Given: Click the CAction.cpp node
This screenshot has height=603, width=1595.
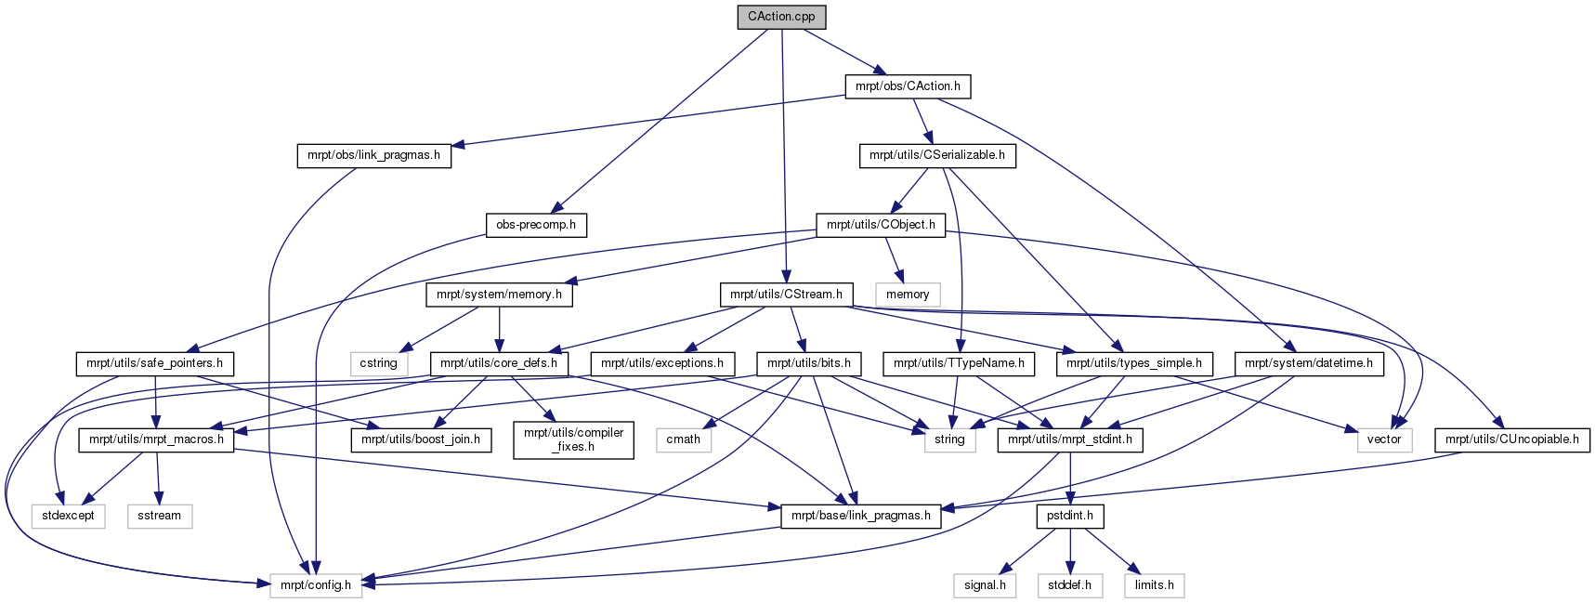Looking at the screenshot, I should point(781,17).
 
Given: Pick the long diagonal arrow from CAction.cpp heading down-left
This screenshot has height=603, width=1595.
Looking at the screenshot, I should point(660,121).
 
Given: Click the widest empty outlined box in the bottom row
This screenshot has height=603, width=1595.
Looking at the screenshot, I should point(316,585).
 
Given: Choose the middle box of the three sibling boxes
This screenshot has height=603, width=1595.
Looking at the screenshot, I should point(1070,585).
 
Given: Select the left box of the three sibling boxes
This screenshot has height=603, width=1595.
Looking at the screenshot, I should point(985,585).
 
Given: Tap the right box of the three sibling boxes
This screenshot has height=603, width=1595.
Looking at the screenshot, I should point(1154,585).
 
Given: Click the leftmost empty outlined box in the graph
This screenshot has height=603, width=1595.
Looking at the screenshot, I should point(68,517).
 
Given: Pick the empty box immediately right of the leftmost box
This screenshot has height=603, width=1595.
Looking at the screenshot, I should point(160,517).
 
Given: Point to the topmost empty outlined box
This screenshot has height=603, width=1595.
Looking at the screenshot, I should point(908,295).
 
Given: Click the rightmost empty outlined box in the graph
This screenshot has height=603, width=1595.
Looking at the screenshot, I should point(1384,440).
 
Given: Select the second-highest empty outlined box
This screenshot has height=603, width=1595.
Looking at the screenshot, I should point(379,364).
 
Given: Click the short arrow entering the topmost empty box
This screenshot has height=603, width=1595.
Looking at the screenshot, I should point(894,259).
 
